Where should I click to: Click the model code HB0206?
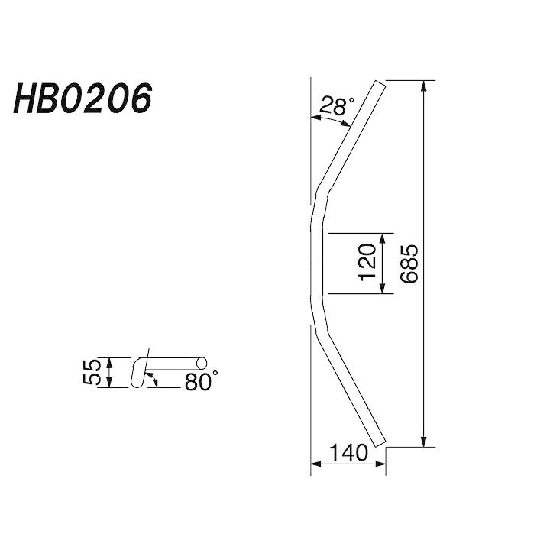(82, 99)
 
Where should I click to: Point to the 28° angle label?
(337, 105)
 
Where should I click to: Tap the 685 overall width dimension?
(409, 264)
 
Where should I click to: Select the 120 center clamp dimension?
(367, 262)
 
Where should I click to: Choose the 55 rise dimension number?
(92, 373)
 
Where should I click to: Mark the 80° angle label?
(201, 381)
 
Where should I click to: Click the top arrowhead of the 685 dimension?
(424, 86)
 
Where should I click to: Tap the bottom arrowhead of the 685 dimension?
(424, 442)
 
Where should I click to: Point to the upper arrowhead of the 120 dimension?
(383, 238)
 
